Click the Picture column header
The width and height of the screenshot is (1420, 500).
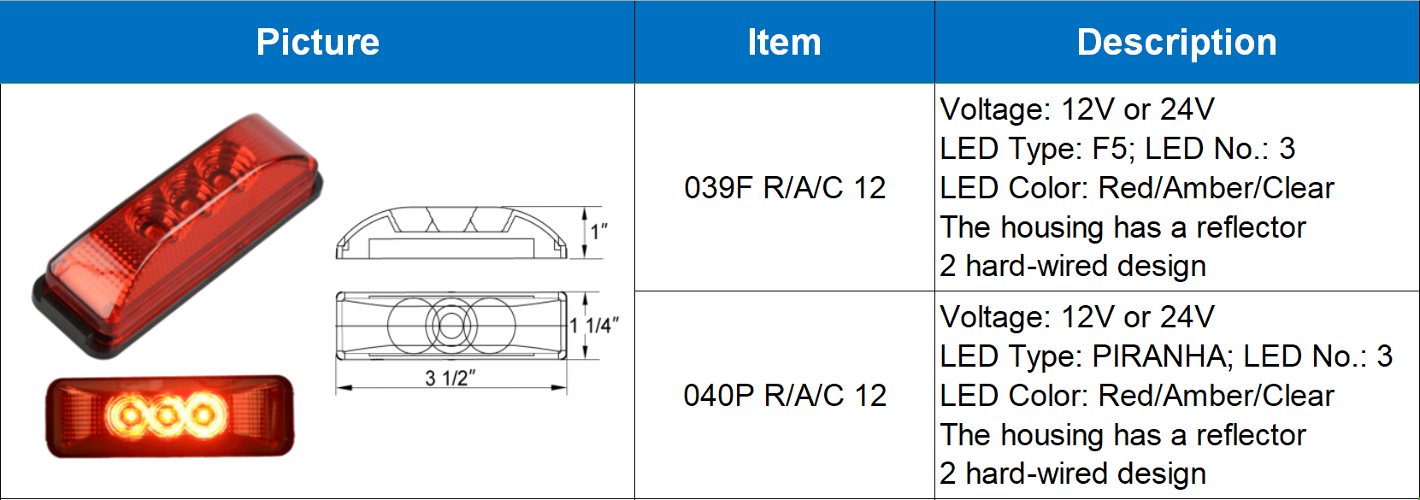click(x=318, y=42)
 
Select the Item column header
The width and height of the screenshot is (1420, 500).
click(x=784, y=42)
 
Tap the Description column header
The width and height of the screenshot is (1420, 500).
click(x=1176, y=42)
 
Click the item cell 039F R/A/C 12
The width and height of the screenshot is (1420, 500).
click(x=785, y=187)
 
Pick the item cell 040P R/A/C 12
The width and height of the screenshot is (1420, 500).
click(x=785, y=395)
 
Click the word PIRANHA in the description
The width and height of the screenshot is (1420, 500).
click(x=1162, y=356)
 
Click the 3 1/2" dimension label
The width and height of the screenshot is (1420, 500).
click(x=450, y=378)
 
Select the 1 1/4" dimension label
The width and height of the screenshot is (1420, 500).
click(x=594, y=325)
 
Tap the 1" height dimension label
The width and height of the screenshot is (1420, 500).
click(x=598, y=231)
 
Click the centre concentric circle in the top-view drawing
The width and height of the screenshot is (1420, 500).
click(x=451, y=325)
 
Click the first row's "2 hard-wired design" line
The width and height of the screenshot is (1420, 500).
click(x=1073, y=266)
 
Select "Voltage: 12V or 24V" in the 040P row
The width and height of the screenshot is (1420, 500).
click(x=1077, y=317)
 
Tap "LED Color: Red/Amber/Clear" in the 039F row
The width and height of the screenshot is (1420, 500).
click(x=1137, y=188)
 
